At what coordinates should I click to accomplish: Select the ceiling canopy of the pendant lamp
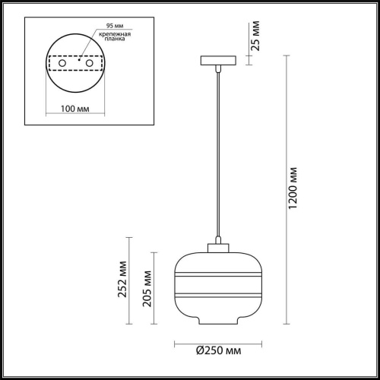218,60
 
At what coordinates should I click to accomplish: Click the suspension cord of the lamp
218,152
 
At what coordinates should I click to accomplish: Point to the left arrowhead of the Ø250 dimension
178,340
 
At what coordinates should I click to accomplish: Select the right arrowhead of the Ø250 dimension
258,340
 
